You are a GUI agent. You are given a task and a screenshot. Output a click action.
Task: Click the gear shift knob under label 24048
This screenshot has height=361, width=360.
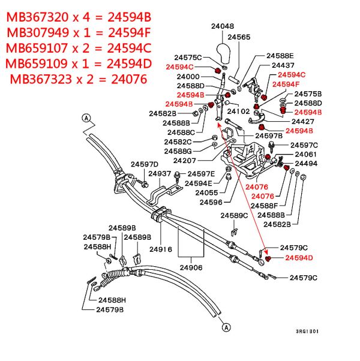[x=224, y=53]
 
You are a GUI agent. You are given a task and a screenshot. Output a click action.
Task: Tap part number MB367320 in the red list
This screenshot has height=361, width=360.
[x=37, y=17]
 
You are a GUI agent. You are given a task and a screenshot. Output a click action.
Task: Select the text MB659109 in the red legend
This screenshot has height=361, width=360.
[x=37, y=64]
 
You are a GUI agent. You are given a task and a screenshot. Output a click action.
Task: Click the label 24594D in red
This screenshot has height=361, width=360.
[x=299, y=258]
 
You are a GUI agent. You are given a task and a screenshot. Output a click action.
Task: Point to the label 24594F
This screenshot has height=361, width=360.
[x=286, y=85]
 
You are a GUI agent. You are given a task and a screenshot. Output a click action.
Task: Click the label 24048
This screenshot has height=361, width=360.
[x=223, y=26]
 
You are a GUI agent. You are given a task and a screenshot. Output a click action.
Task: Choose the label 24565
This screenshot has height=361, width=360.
[x=239, y=37]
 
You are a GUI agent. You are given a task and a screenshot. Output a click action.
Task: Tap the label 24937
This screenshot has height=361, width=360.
[x=160, y=173]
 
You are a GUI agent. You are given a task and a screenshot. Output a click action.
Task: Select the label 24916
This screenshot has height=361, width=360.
[x=161, y=249]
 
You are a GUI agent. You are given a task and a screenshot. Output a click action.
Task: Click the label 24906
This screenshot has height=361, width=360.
[x=191, y=267]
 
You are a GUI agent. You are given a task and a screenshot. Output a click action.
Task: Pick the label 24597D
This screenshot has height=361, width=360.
[x=145, y=164]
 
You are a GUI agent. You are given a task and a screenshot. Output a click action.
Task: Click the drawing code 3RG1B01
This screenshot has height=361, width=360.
[x=307, y=331]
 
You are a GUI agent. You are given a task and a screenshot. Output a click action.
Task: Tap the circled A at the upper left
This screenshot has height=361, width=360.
[x=86, y=118]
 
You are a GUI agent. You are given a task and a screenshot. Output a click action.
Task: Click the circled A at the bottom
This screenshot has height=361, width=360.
[x=226, y=327]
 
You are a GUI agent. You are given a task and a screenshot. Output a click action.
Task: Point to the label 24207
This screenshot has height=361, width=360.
[x=184, y=161]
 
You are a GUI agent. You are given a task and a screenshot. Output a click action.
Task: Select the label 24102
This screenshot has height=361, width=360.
[x=238, y=112]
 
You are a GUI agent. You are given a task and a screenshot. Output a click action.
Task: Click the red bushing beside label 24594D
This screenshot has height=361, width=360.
[x=268, y=258]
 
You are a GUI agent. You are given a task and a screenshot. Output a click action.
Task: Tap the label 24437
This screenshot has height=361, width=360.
[x=283, y=65]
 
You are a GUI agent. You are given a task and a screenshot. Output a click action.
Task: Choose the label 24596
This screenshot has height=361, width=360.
[x=211, y=202]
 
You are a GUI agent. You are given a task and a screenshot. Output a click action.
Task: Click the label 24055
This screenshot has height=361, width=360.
[x=206, y=192]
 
